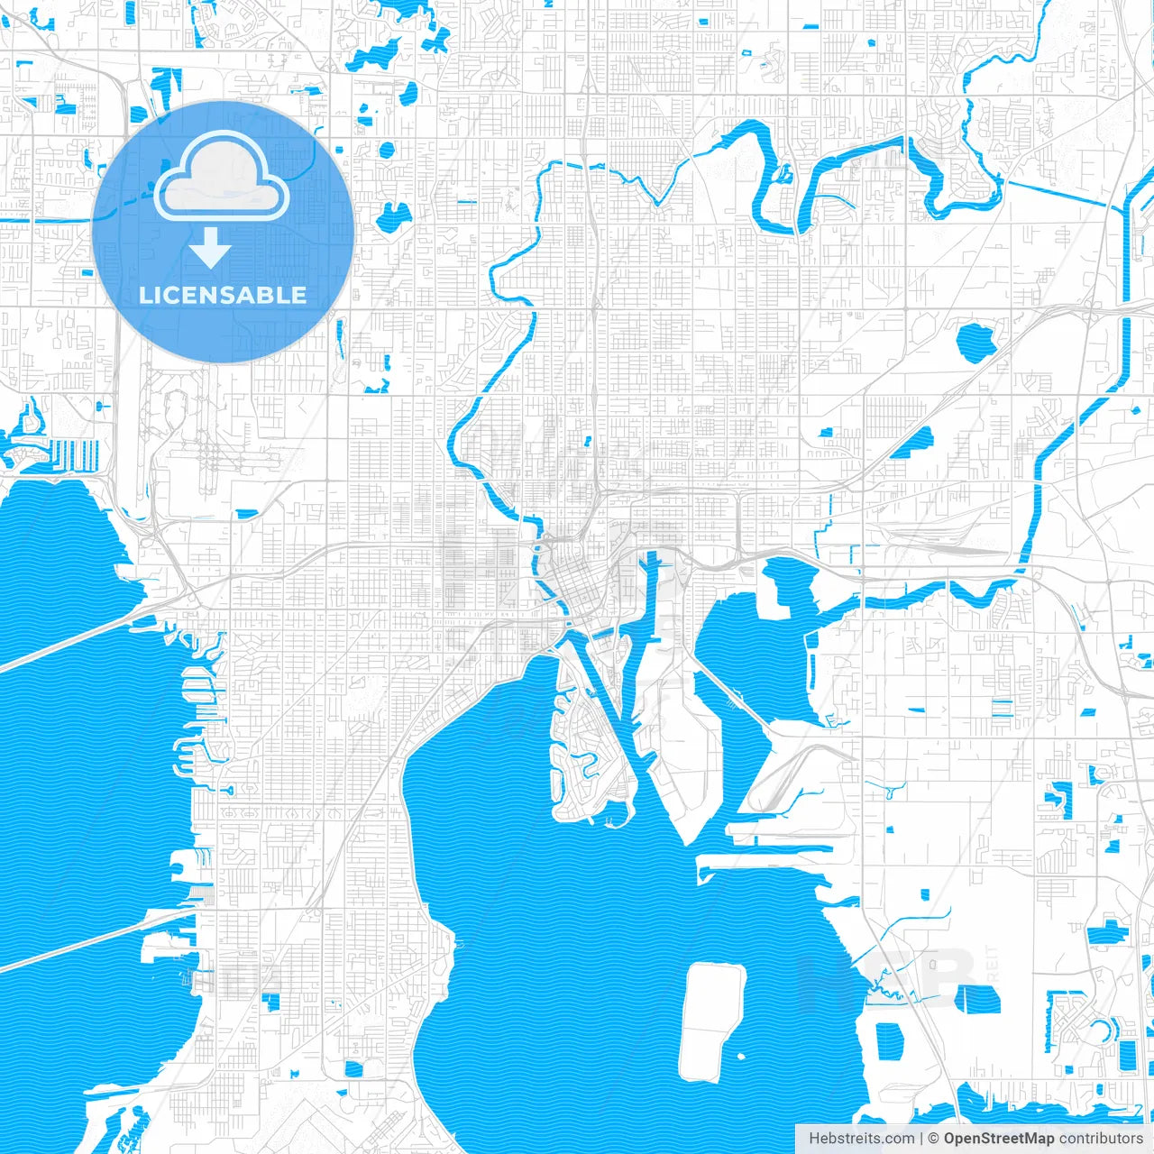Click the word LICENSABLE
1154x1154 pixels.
tap(223, 295)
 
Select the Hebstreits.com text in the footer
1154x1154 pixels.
tap(861, 1139)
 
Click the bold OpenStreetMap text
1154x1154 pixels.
tap(998, 1139)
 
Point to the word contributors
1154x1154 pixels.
tap(1101, 1139)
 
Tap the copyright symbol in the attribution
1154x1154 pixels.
tap(934, 1139)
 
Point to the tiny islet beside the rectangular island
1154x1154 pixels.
tap(741, 1057)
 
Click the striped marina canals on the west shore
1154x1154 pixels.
tap(74, 453)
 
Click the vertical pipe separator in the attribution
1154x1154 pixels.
tap(922, 1139)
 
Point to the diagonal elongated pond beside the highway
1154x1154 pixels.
tap(915, 442)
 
